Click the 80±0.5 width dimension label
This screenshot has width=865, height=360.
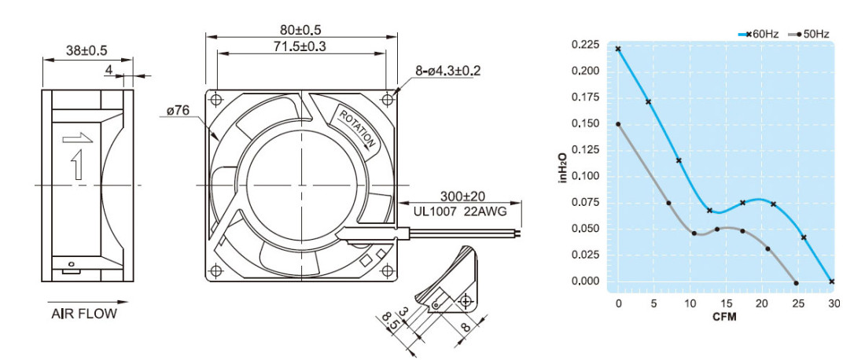301,28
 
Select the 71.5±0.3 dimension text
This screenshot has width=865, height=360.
300,46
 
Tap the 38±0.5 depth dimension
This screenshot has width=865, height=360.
87,51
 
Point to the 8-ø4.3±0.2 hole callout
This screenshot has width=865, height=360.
448,71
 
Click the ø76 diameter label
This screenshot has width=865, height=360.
178,111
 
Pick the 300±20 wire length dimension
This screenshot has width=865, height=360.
462,196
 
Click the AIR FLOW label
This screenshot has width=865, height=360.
84,314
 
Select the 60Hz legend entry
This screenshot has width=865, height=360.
758,34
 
